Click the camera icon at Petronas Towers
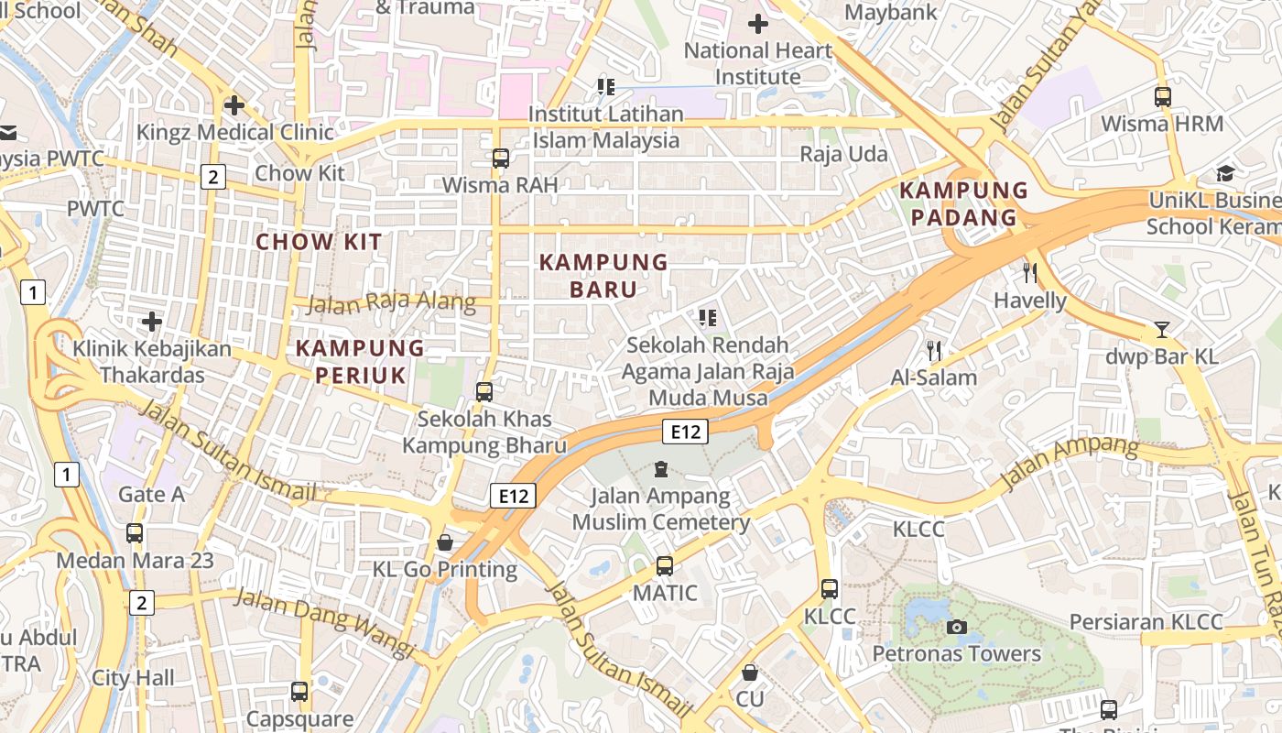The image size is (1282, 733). (957, 627)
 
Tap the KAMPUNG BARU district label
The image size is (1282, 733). (603, 276)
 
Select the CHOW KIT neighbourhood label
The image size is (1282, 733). (319, 242)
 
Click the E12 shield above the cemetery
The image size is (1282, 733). (685, 432)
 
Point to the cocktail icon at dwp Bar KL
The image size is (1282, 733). (1162, 330)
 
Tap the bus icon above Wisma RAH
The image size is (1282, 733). (500, 158)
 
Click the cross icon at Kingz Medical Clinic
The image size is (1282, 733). (234, 105)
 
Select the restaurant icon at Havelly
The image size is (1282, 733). (1030, 272)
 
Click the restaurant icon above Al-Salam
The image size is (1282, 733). (934, 350)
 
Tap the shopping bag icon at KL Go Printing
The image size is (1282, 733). (445, 542)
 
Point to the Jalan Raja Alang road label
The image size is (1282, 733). (391, 302)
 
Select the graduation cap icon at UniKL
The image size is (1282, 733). (1225, 173)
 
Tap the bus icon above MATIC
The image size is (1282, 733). (665, 566)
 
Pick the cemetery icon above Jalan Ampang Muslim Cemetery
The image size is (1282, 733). (661, 470)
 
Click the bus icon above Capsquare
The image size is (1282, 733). (299, 692)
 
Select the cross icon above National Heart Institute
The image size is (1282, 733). (758, 24)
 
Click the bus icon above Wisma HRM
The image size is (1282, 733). (1163, 96)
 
